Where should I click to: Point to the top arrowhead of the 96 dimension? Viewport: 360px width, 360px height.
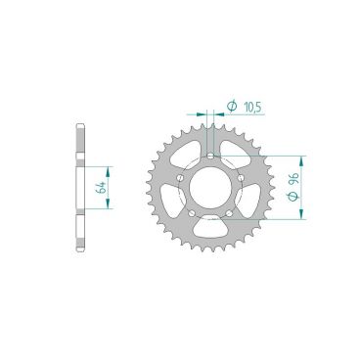click(304, 157)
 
